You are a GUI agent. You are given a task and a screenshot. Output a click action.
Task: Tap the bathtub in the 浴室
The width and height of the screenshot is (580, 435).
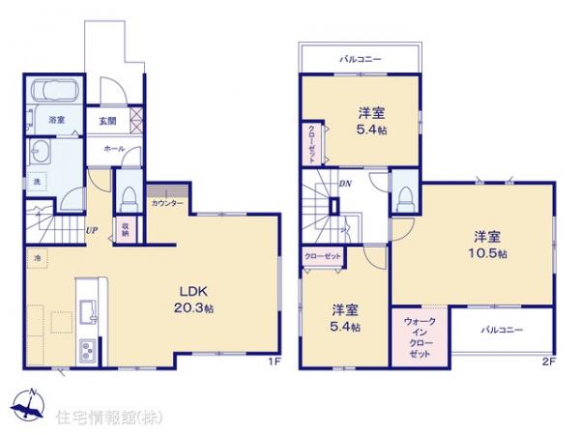coord(55,94)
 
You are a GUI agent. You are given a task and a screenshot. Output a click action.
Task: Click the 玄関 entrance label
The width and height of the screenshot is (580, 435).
coord(107,121)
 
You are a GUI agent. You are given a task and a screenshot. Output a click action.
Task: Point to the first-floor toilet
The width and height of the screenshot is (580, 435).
coord(128,196)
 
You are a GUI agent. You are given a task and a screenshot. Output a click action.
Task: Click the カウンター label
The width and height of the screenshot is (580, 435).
coord(167,204)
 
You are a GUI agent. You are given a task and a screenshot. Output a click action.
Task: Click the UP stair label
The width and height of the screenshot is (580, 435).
coord(90,229)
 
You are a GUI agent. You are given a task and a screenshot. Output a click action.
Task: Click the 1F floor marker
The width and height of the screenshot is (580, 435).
coord(273,363)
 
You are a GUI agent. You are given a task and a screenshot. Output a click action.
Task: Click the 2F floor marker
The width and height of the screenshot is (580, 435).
coord(547,363)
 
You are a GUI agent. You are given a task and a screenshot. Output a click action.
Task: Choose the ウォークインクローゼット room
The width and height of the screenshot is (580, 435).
coord(420,336)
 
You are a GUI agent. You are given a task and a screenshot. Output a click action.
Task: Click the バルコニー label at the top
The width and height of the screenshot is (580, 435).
coord(360,59)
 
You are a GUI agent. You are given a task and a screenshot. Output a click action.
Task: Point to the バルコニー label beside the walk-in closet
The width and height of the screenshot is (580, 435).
coord(503,330)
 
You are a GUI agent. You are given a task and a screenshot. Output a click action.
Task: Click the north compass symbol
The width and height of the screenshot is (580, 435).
coord(28,404)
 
